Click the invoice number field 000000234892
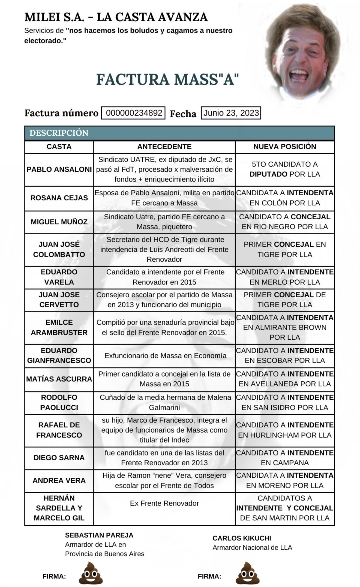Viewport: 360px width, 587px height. (x=134, y=113)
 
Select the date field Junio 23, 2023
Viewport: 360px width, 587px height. (x=231, y=113)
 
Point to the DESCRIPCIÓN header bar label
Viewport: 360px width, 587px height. (x=58, y=133)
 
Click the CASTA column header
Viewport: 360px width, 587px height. (x=59, y=147)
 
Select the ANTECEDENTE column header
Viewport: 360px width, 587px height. (x=165, y=147)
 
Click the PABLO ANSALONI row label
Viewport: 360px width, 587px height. (x=59, y=169)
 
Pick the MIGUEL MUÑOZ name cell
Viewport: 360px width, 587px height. (x=59, y=221)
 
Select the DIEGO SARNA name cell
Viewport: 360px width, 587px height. (x=59, y=457)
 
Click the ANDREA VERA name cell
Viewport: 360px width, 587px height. (x=59, y=480)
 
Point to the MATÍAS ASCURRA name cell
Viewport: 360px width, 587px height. (x=59, y=379)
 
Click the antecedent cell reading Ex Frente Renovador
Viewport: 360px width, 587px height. (x=165, y=503)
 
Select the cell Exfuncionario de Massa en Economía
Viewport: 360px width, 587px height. (x=165, y=354)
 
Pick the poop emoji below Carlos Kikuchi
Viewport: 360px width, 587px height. (x=245, y=573)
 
